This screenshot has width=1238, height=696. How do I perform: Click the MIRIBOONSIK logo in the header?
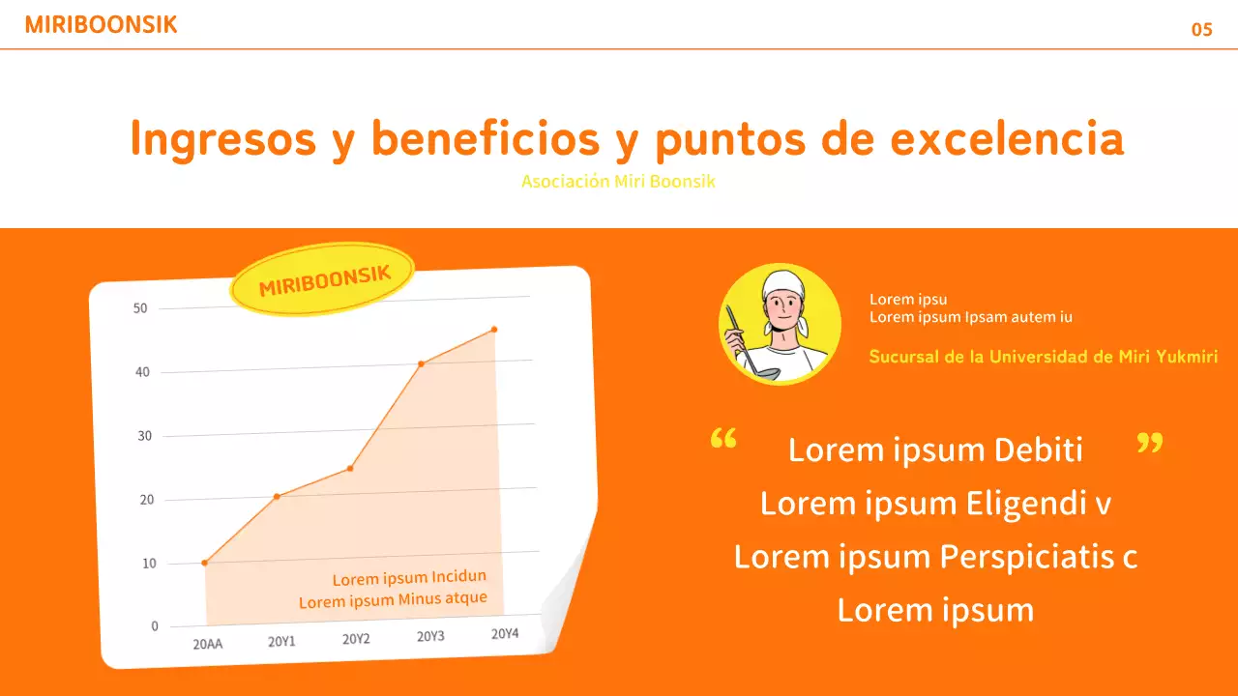[x=101, y=26]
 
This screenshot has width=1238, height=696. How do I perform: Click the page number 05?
[x=1201, y=30]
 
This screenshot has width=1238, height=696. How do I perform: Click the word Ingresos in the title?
[x=222, y=139]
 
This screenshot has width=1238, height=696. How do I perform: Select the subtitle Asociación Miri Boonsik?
[x=618, y=182]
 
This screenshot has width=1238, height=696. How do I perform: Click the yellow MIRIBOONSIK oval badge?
[x=323, y=280]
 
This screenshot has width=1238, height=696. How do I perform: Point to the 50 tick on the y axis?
[x=140, y=308]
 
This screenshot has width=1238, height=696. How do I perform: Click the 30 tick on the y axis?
[x=144, y=436]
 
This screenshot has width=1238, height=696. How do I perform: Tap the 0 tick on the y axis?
[x=155, y=626]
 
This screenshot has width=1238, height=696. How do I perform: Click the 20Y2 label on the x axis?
[x=356, y=639]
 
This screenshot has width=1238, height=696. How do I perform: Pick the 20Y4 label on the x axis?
[x=505, y=634]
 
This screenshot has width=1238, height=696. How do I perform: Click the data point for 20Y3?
[x=421, y=363]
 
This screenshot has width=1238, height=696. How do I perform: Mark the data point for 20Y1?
[x=277, y=497]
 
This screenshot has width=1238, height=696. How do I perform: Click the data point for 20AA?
[x=204, y=563]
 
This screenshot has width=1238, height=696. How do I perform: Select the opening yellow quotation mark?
[x=722, y=441]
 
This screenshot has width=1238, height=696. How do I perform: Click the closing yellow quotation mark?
[x=1149, y=444]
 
